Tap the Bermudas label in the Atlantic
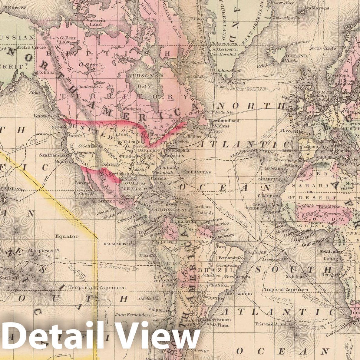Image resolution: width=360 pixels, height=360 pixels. point(199,172)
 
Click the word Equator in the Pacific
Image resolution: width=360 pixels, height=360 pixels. point(67,236)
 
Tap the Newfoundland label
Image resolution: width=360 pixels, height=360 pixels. point(225,121)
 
